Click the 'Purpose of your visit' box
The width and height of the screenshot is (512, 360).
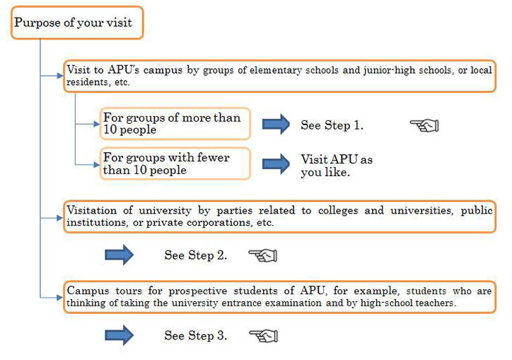coord(77,23)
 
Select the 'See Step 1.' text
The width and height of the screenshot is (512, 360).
coord(332,125)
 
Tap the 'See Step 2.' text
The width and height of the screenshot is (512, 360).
coord(196,255)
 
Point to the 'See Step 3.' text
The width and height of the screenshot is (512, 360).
coord(196,335)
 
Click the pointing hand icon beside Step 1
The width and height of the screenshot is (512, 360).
coord(424,125)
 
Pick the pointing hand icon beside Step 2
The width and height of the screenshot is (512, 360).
coord(263,255)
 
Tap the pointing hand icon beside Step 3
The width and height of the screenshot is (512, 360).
coord(264,336)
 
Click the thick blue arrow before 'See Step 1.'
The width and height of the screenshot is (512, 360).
coord(276,124)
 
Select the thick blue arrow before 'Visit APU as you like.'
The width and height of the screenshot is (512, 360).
coord(276,163)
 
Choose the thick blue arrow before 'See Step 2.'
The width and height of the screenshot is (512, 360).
coord(120,255)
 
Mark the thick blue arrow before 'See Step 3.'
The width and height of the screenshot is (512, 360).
coord(120,335)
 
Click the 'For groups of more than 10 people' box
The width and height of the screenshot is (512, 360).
coord(175,124)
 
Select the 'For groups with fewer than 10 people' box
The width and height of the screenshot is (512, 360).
coord(175,163)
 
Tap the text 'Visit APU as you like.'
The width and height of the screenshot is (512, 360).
coord(337,166)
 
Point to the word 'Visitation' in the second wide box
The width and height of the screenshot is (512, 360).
coord(91,210)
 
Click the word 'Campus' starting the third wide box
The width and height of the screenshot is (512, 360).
coord(88,291)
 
